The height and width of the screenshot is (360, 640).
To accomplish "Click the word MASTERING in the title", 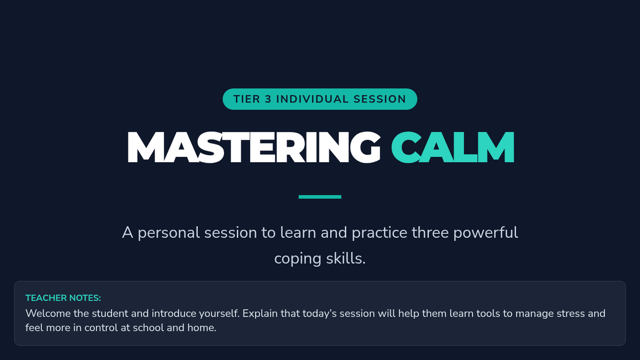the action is click(254, 147).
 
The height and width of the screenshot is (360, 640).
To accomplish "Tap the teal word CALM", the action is click(453, 147).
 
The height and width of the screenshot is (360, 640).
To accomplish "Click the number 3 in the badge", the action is click(268, 99).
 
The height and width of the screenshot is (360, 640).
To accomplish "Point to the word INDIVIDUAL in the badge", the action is click(313, 99).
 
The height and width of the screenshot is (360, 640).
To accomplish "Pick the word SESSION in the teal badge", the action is click(380, 99).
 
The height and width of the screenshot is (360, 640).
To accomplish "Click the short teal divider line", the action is click(319, 197).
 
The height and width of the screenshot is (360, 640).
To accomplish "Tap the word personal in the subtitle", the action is click(169, 233).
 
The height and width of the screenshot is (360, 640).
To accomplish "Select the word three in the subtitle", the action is click(430, 233).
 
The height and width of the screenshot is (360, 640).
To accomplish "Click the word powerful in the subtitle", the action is click(485, 233).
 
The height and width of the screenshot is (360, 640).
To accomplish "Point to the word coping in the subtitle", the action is click(298, 259).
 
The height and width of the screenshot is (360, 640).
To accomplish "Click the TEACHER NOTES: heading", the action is click(63, 298).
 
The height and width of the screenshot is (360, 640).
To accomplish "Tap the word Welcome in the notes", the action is click(48, 314).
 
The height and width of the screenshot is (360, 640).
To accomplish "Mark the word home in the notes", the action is click(202, 327).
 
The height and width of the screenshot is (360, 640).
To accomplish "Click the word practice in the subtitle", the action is click(379, 233).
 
